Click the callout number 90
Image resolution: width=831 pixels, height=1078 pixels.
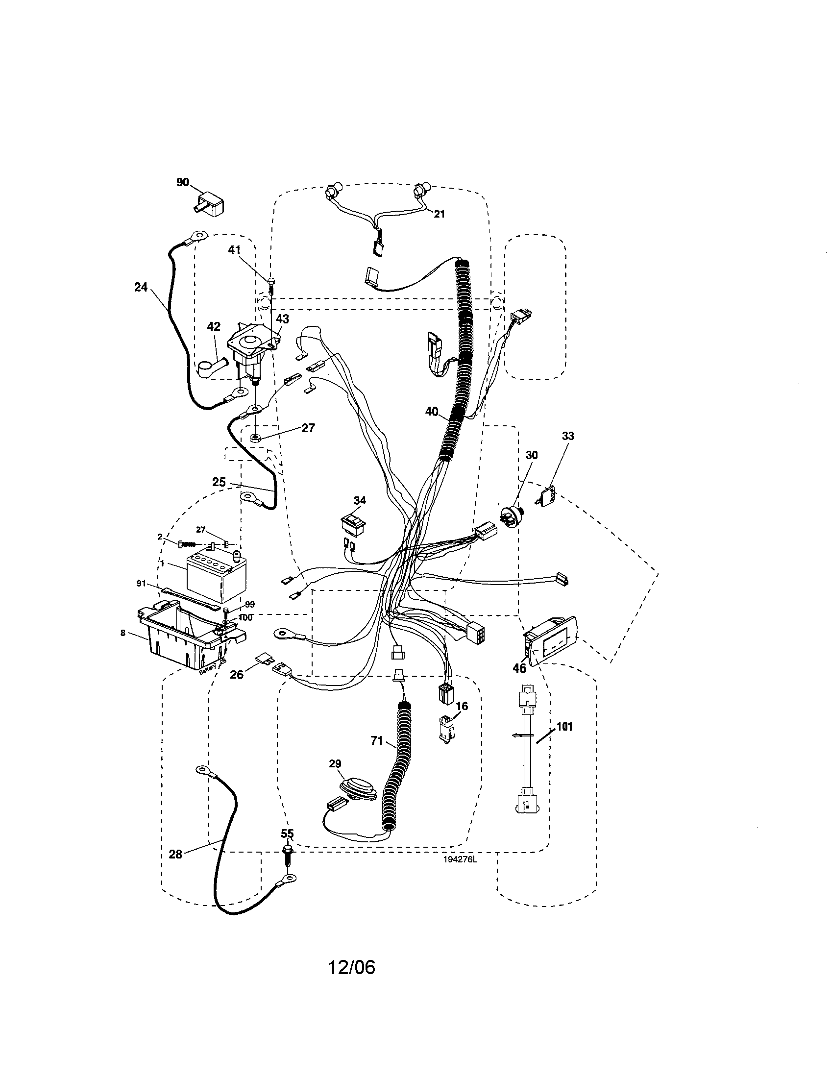click(x=183, y=183)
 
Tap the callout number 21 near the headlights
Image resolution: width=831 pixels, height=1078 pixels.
click(x=439, y=214)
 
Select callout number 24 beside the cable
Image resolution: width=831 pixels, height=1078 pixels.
click(x=141, y=287)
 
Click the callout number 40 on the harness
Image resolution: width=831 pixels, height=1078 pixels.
click(x=432, y=411)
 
